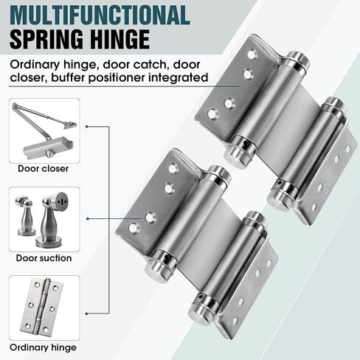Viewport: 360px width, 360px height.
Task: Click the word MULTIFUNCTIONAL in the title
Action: [x=100, y=15]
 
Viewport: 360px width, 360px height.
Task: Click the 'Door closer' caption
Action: [x=44, y=169]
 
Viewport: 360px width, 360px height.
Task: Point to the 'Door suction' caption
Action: [x=44, y=258]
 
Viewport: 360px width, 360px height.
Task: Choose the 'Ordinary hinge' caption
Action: [x=44, y=347]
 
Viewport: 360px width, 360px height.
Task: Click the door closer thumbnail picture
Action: [x=44, y=131]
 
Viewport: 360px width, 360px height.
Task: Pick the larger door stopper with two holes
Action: [x=53, y=220]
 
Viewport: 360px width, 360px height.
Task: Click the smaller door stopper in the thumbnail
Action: [x=25, y=215]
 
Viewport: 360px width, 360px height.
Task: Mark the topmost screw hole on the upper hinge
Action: [x=252, y=55]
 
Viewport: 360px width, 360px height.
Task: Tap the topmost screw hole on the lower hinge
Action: [x=173, y=168]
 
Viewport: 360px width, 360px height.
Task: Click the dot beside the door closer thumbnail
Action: [x=87, y=127]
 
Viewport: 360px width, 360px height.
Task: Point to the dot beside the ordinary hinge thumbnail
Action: [x=87, y=314]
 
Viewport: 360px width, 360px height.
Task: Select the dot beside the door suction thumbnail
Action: [x=88, y=218]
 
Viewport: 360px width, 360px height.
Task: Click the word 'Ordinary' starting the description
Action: [x=35, y=66]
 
